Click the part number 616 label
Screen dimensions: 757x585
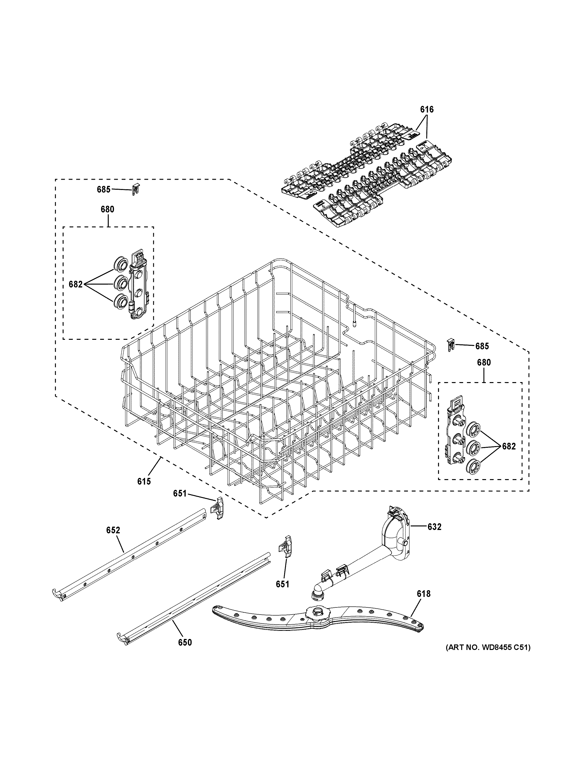[427, 109]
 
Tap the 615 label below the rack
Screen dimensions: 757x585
[144, 481]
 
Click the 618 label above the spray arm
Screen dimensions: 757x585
[423, 594]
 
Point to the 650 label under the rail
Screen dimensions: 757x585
[185, 642]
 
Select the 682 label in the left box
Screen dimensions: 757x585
[76, 284]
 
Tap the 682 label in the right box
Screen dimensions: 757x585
[509, 446]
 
